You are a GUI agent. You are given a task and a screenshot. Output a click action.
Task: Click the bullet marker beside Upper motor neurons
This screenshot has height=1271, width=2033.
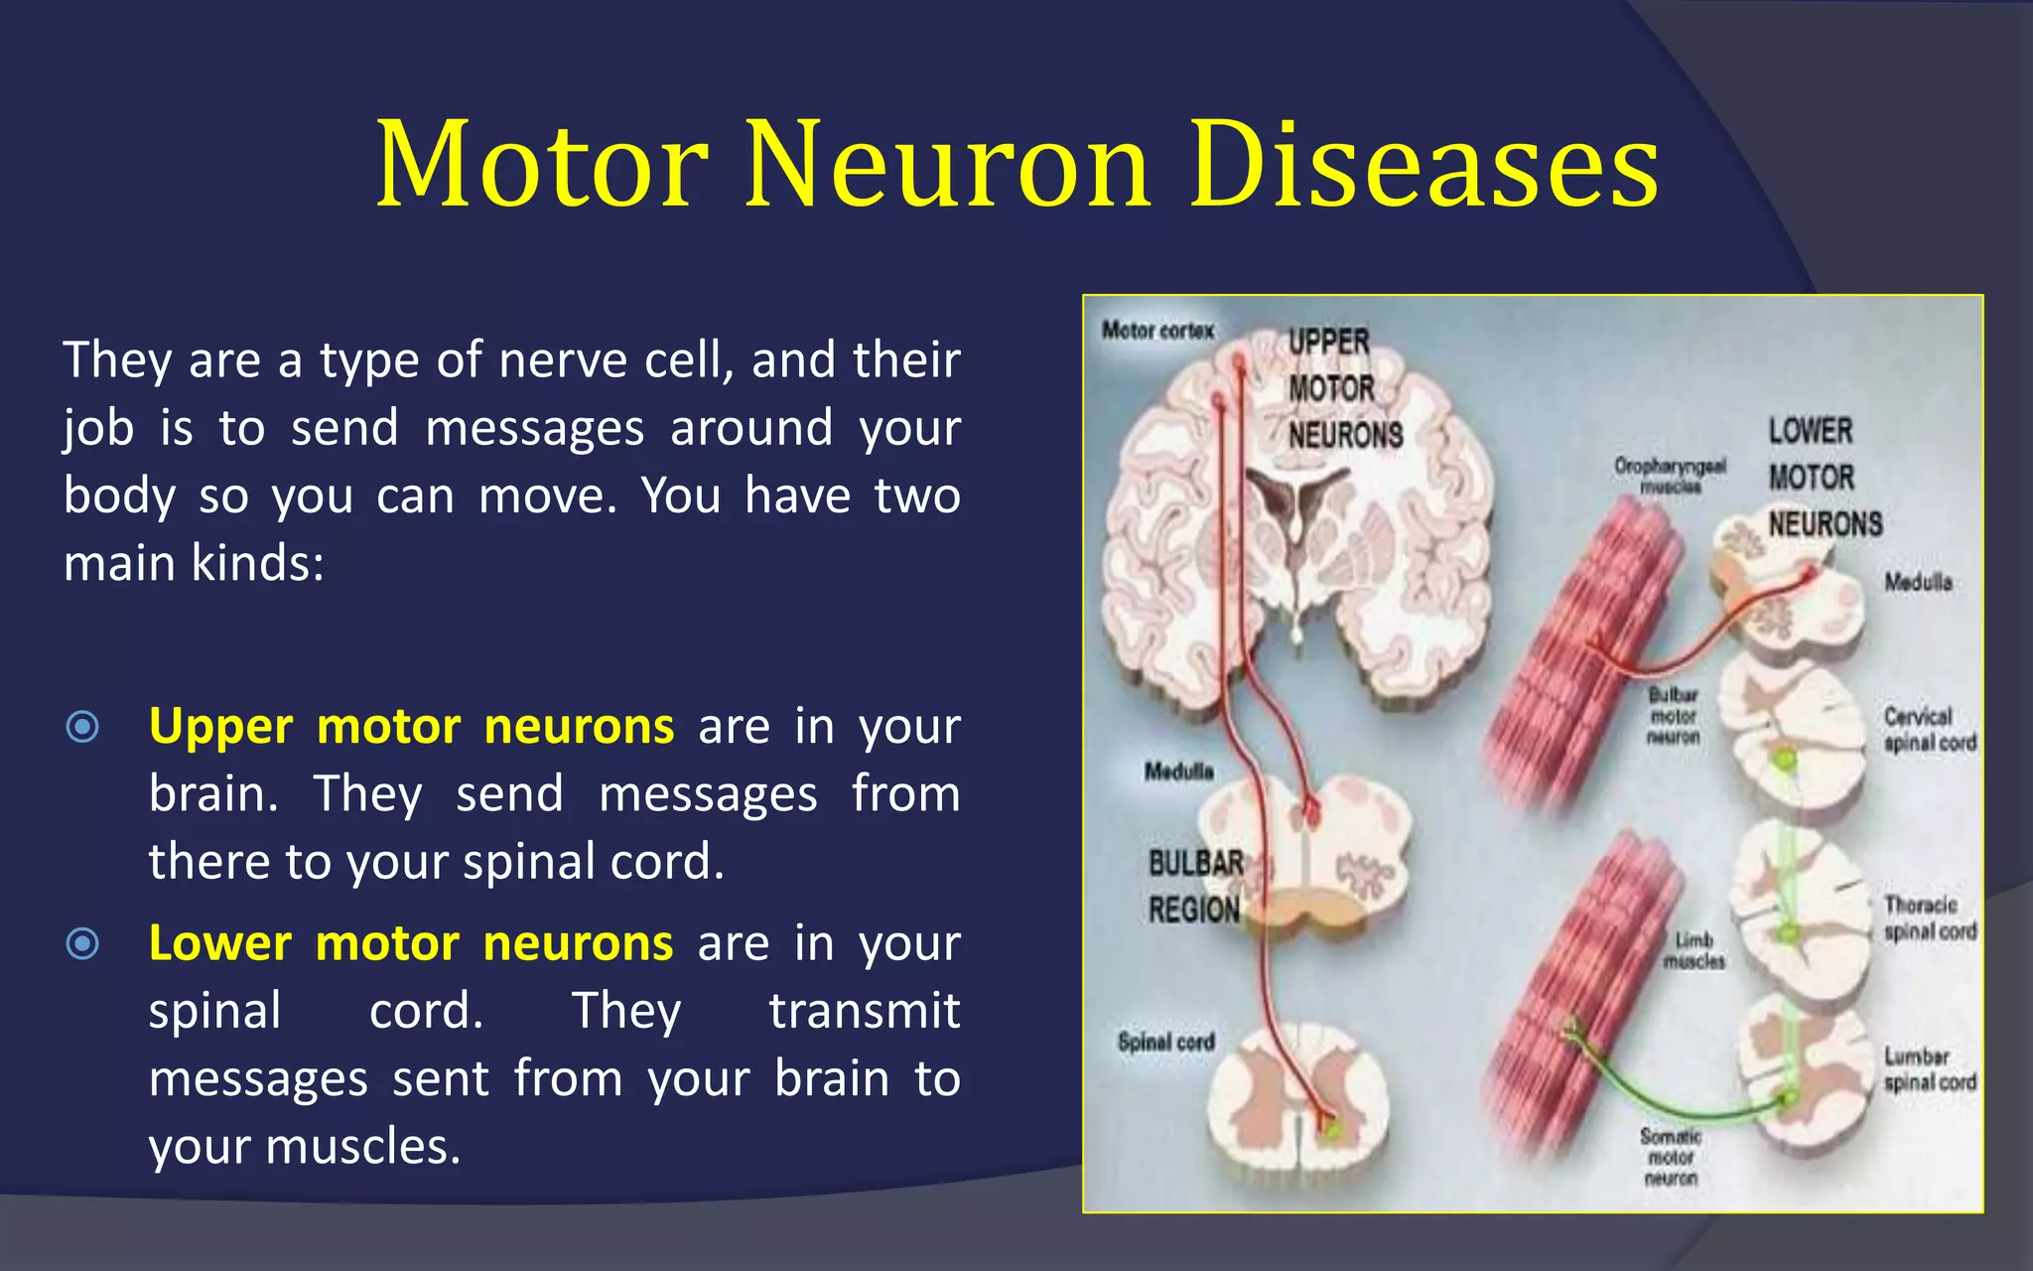pyautogui.click(x=82, y=727)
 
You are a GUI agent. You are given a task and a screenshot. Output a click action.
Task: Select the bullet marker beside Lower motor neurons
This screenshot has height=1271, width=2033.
pyautogui.click(x=82, y=943)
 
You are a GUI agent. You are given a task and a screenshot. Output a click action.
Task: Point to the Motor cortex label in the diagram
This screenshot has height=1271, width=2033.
pyautogui.click(x=1157, y=331)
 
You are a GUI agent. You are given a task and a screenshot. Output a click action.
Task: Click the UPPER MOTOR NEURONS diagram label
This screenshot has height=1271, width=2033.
pyautogui.click(x=1344, y=388)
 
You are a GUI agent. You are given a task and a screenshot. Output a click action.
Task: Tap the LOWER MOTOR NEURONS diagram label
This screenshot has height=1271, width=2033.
pyautogui.click(x=1824, y=478)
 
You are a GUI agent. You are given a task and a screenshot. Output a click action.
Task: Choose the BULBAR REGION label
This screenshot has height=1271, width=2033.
pyautogui.click(x=1195, y=887)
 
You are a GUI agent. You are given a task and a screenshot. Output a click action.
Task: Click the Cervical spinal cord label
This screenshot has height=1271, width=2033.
pyautogui.click(x=1929, y=730)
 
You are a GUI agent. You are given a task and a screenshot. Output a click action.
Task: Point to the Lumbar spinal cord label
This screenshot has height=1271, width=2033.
pyautogui.click(x=1929, y=1069)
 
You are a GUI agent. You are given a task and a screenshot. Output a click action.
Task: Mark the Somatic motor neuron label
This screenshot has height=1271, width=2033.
pyautogui.click(x=1670, y=1157)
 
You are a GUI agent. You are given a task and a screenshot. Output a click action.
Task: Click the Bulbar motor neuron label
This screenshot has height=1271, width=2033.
pyautogui.click(x=1673, y=716)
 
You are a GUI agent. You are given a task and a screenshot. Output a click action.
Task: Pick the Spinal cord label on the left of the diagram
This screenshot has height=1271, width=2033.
pyautogui.click(x=1165, y=1043)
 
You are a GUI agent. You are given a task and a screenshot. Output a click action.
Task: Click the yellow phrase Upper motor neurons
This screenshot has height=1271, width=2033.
pyautogui.click(x=411, y=727)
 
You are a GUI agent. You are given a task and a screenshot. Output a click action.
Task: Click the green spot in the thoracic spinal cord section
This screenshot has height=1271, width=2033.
pyautogui.click(x=1790, y=934)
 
